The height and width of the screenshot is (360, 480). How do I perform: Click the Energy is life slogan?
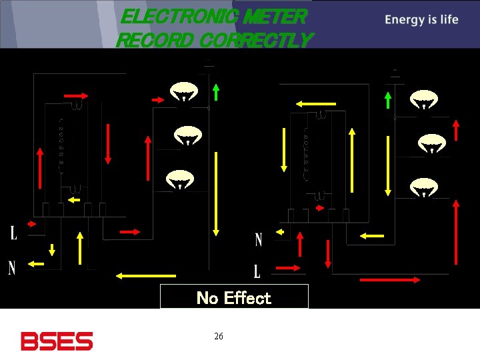[x=421, y=19]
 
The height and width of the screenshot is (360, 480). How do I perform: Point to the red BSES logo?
[x=57, y=341]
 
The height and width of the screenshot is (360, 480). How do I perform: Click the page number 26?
[x=219, y=336]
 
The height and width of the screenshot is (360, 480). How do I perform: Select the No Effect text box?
[x=234, y=297]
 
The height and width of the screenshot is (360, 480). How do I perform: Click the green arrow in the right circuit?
[x=388, y=100]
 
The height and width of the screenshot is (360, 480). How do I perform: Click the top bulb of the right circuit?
[x=423, y=100]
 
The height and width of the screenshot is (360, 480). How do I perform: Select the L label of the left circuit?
[x=13, y=233]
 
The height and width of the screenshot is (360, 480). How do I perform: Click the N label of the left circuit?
[x=12, y=268]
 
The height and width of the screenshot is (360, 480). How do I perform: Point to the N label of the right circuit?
[x=259, y=240]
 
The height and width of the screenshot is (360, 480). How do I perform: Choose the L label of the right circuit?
[x=257, y=271]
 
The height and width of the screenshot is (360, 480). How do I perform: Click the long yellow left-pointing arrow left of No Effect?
[x=146, y=275]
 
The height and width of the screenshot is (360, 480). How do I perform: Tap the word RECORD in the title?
[x=155, y=40]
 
